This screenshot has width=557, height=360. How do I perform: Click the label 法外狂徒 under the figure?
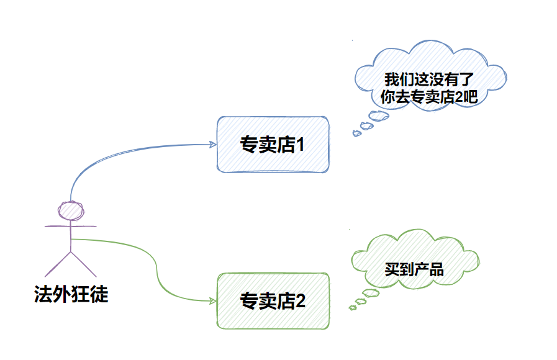pyautogui.click(x=71, y=293)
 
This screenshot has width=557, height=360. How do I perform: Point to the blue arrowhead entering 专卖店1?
pyautogui.click(x=213, y=145)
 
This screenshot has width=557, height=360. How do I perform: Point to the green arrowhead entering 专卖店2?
pyautogui.click(x=213, y=301)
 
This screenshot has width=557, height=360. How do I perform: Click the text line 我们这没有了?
pyautogui.click(x=420, y=79)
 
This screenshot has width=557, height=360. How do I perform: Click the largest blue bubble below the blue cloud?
pyautogui.click(x=378, y=115)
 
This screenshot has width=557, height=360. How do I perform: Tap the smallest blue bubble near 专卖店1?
pyautogui.click(x=356, y=133)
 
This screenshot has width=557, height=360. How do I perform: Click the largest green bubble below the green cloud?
pyautogui.click(x=371, y=294)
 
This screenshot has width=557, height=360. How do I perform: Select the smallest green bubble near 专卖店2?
pyautogui.click(x=352, y=308)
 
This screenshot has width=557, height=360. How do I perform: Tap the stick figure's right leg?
pyautogui.click(x=84, y=264)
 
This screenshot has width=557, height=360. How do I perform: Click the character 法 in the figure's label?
pyautogui.click(x=43, y=293)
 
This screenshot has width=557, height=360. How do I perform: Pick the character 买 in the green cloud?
pyautogui.click(x=392, y=269)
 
